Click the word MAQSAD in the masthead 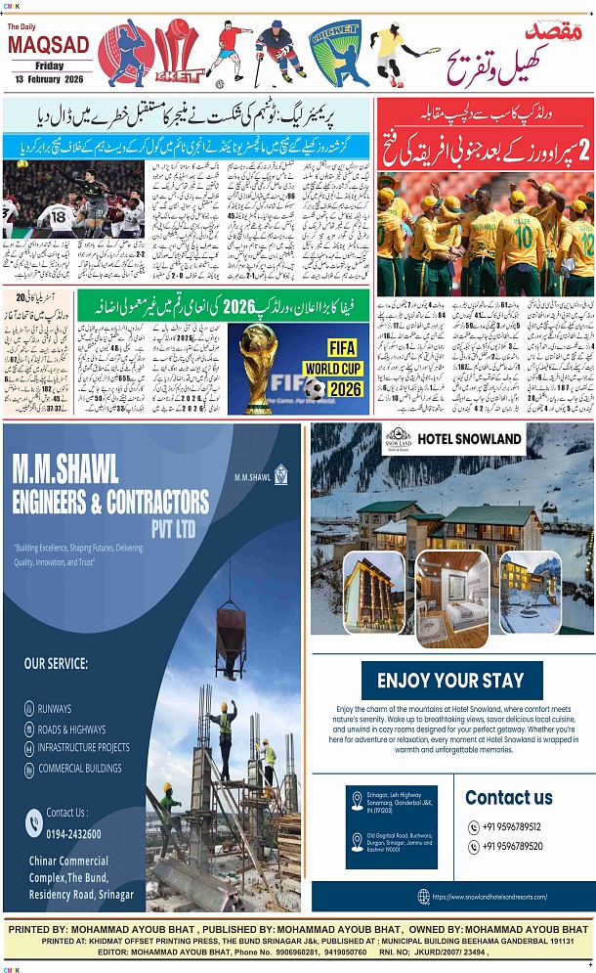(49, 45)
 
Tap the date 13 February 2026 (52, 78)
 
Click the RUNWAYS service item (55, 708)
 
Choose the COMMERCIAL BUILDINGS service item (79, 768)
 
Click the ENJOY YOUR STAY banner (451, 681)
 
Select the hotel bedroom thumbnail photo (452, 597)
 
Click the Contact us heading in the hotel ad (509, 797)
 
